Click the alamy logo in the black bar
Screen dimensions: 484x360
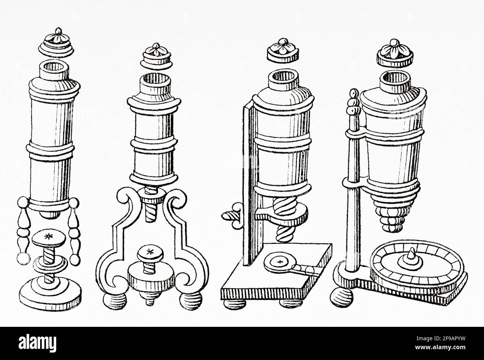37,344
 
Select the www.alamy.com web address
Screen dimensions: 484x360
441,347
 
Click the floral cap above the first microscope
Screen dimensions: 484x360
56,42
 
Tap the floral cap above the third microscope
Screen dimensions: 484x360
283,50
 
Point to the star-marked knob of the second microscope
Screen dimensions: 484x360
150,253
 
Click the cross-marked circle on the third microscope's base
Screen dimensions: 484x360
280,262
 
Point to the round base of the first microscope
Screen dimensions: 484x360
50,293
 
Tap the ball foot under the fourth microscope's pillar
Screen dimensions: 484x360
342,297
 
